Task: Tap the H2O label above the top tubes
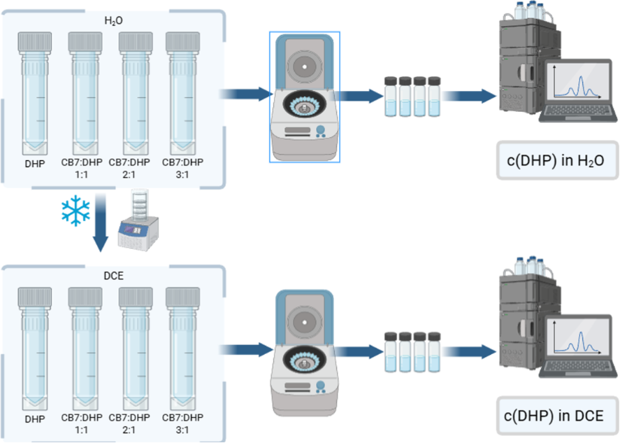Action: tap(113, 20)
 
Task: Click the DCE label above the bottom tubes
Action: tap(113, 276)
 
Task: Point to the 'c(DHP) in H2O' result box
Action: tap(558, 160)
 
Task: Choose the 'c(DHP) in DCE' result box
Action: tap(558, 416)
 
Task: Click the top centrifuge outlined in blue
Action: tap(304, 97)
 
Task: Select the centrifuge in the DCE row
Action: tap(304, 353)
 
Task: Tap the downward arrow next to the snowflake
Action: tap(101, 223)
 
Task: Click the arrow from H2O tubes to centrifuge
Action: tap(246, 94)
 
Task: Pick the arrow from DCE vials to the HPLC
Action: tap(469, 351)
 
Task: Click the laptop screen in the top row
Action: tap(578, 83)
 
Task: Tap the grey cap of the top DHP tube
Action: tap(35, 42)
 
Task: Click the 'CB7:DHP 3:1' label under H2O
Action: tap(182, 168)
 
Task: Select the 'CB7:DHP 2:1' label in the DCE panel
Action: tap(129, 423)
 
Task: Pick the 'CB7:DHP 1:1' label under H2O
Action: tap(82, 168)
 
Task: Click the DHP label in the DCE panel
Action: tap(35, 419)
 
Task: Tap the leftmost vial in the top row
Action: tap(391, 97)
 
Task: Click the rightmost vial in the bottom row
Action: tap(434, 352)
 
